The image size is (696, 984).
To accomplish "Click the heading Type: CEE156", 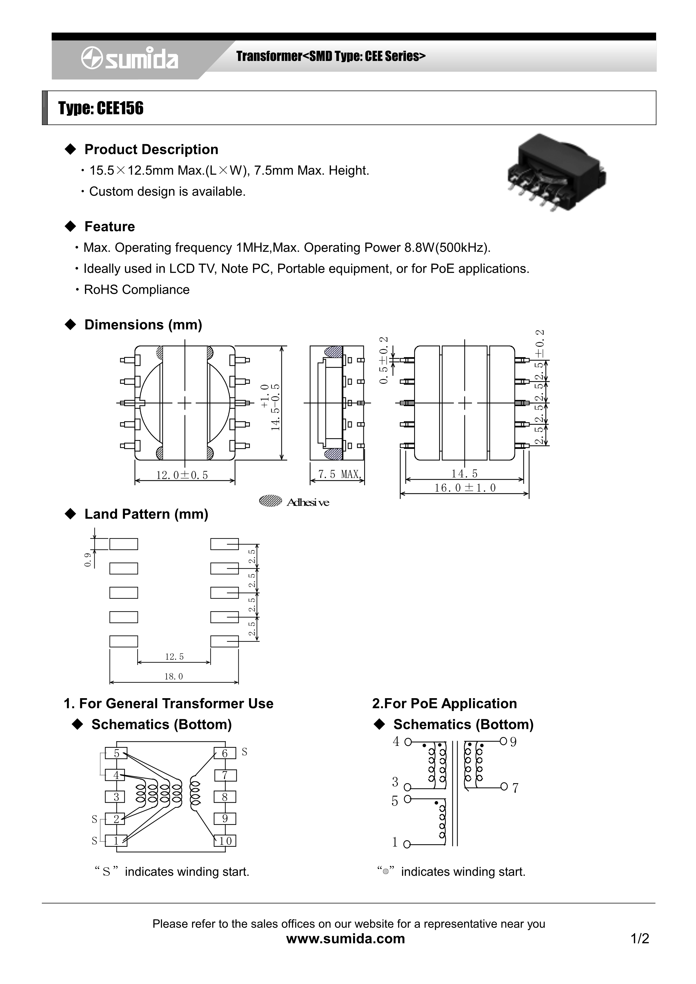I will click(101, 109).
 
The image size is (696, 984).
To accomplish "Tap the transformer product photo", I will click(557, 172).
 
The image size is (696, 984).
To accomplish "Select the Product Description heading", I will click(151, 149).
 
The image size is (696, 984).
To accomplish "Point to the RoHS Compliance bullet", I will click(136, 290).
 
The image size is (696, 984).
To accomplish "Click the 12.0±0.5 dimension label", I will click(182, 475).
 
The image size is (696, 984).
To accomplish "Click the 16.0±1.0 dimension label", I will click(465, 488).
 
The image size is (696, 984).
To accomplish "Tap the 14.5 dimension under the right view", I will click(464, 473).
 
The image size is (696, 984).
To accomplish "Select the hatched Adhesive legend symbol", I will click(270, 501).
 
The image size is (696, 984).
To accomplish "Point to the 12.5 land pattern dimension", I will click(174, 657).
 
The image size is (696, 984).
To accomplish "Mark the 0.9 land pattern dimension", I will click(88, 560).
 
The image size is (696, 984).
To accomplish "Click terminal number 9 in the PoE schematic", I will click(513, 742).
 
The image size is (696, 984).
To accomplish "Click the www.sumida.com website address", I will click(345, 939).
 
